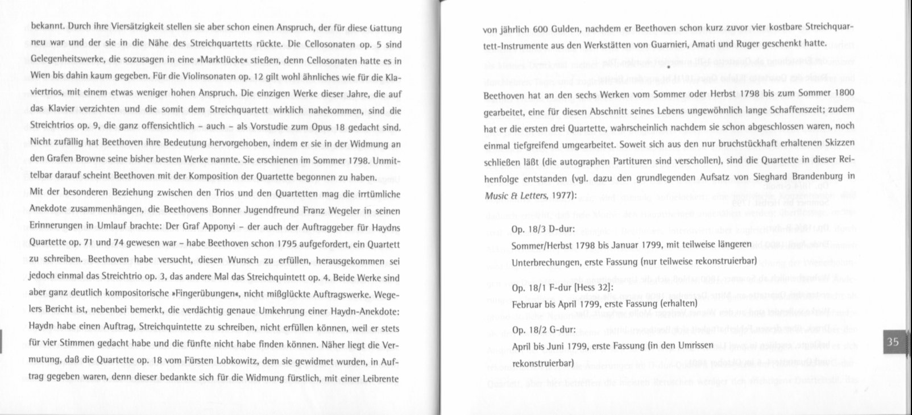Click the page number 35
[x=893, y=342]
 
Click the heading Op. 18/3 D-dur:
[x=543, y=230]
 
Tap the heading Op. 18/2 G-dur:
[x=544, y=330]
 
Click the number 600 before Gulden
[x=540, y=28]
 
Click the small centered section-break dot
[x=669, y=67]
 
